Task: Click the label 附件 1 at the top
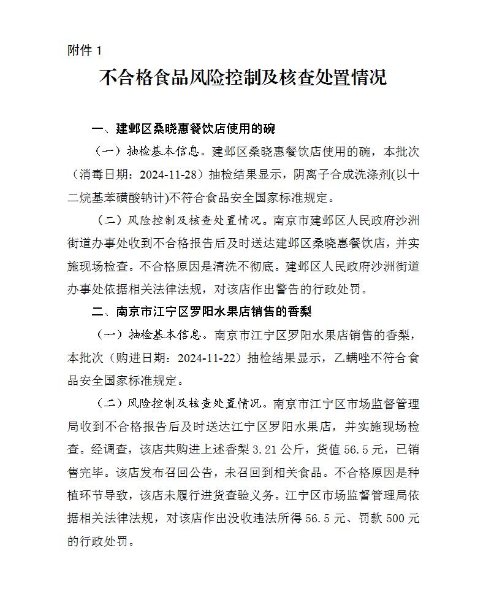85,50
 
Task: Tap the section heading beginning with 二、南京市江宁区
202,312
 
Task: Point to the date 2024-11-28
171,174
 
